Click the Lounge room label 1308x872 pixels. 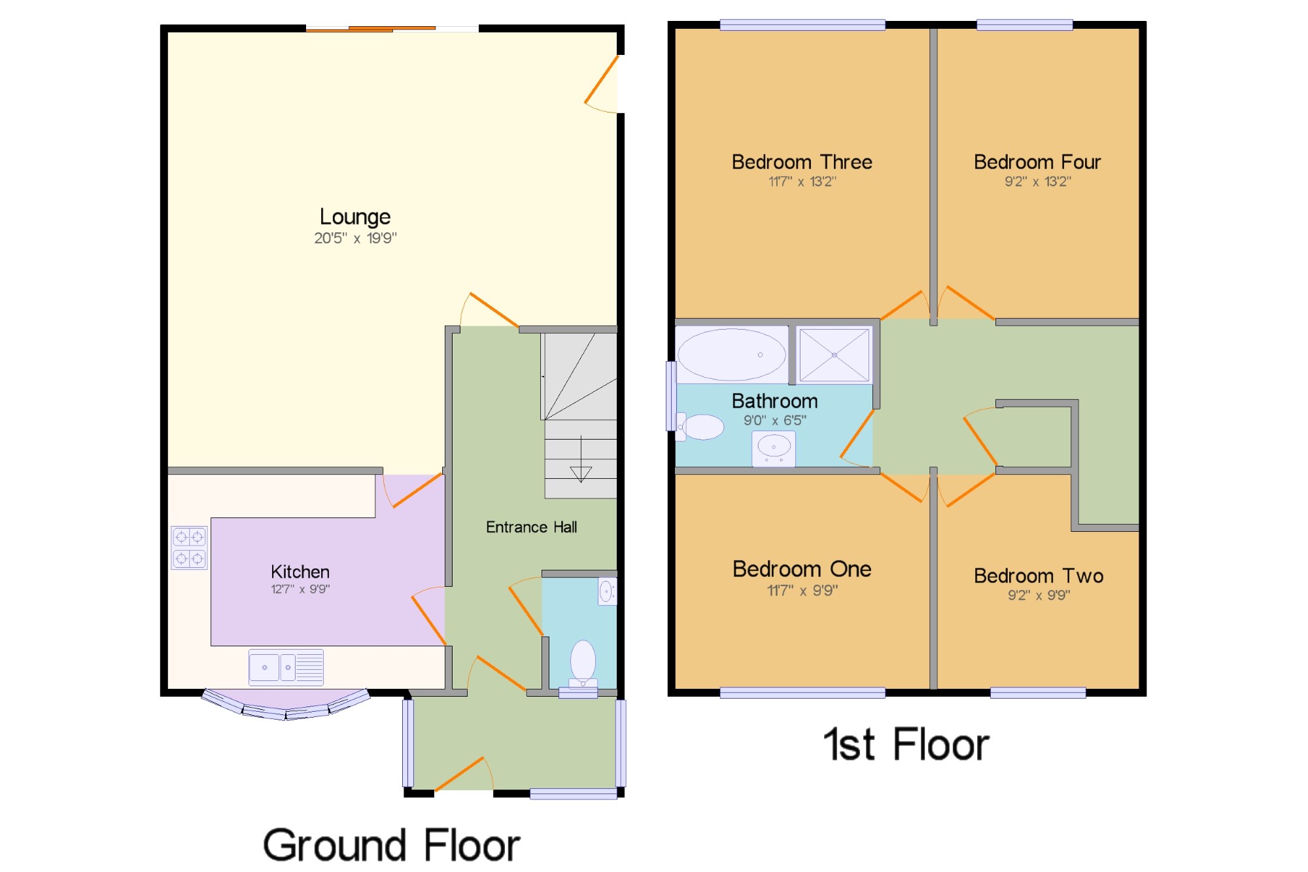(355, 217)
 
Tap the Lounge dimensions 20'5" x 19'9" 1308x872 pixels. (355, 238)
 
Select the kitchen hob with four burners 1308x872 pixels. (190, 548)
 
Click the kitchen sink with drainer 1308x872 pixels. (286, 667)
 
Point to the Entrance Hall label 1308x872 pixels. (531, 527)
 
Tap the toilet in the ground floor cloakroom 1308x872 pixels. (583, 664)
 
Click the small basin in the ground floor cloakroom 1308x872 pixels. (607, 591)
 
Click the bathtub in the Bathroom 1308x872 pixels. (732, 355)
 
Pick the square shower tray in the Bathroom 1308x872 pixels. (835, 355)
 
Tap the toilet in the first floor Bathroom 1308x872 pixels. (700, 427)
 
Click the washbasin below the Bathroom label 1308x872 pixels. (774, 449)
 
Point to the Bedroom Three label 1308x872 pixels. (802, 162)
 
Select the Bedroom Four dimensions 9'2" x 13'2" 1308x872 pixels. (1038, 182)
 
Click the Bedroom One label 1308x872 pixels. (802, 569)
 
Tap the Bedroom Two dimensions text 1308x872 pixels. (1039, 595)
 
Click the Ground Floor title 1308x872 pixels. (391, 845)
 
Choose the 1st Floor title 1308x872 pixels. (906, 744)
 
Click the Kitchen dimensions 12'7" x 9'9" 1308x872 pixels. (300, 589)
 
